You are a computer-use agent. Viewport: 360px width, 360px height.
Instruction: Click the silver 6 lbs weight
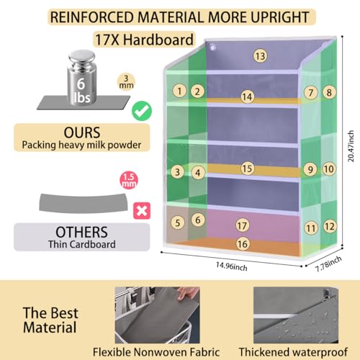(82, 77)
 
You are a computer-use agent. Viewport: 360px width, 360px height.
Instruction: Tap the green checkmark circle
(142, 111)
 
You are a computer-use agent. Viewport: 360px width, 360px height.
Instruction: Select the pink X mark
(142, 211)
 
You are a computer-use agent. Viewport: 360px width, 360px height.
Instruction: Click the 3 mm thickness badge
(126, 82)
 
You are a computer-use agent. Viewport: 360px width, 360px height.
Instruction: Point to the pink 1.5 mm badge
(129, 180)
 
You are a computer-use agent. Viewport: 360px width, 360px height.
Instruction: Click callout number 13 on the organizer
(260, 56)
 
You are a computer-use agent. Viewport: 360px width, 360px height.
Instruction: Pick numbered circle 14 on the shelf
(248, 96)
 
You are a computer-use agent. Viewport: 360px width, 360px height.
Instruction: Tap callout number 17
(242, 225)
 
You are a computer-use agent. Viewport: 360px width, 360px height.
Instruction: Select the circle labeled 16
(243, 244)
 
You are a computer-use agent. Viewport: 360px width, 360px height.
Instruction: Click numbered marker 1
(179, 91)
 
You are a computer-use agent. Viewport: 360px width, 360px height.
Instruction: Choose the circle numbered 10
(329, 169)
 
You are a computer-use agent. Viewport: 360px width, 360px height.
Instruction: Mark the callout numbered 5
(178, 222)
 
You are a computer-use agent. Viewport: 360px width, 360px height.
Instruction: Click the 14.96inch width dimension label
(232, 266)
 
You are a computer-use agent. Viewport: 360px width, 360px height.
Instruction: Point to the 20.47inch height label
(351, 146)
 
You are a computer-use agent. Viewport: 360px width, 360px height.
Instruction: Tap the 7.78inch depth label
(328, 264)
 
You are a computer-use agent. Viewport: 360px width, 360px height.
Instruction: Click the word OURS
(82, 132)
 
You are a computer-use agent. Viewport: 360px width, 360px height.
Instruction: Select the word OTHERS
(82, 232)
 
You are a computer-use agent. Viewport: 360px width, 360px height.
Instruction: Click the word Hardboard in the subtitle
(158, 40)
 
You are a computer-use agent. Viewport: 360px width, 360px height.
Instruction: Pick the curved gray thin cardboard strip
(83, 203)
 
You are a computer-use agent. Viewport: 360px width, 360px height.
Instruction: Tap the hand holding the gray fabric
(188, 293)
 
